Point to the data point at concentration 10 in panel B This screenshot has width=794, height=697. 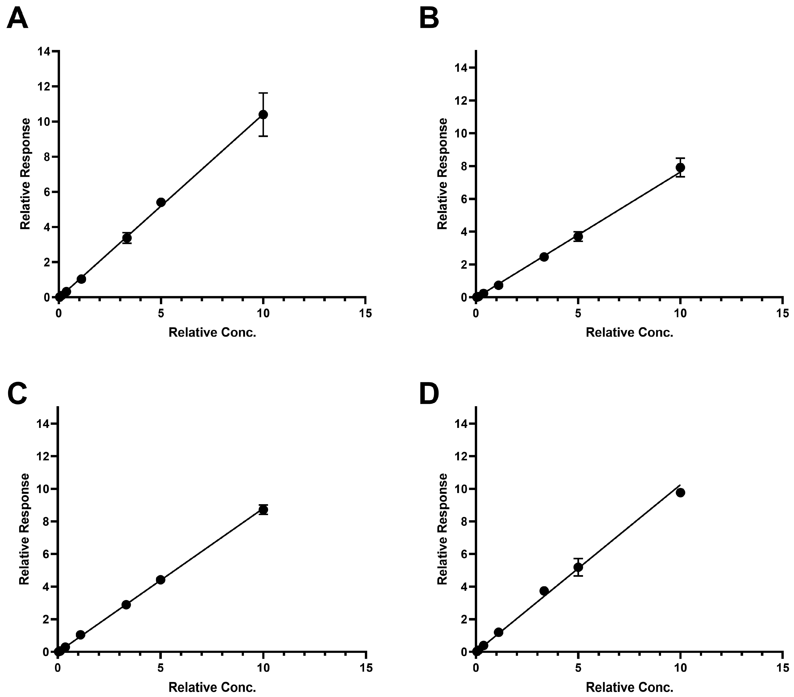point(680,167)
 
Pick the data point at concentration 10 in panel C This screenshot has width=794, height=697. point(263,509)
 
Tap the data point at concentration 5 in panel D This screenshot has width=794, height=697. point(578,567)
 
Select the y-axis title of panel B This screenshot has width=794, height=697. point(442,174)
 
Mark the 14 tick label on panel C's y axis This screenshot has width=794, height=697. point(44,423)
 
